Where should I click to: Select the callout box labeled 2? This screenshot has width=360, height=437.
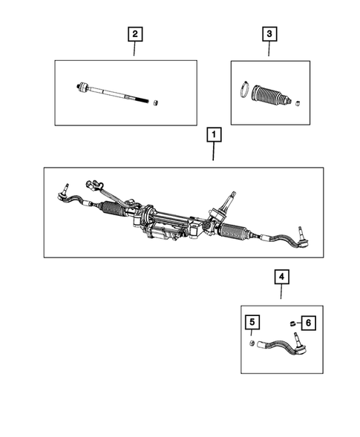pyautogui.click(x=134, y=33)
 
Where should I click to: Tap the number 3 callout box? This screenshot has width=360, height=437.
pyautogui.click(x=268, y=33)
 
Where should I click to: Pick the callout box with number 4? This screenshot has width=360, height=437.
pyautogui.click(x=281, y=277)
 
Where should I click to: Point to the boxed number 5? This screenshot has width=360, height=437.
pyautogui.click(x=253, y=322)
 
